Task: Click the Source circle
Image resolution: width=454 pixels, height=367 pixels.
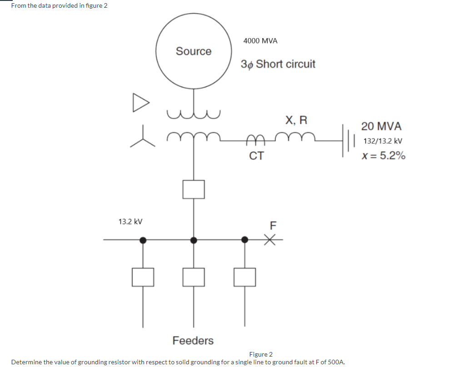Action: coord(194,51)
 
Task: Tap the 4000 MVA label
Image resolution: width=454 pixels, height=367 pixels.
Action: coord(260,41)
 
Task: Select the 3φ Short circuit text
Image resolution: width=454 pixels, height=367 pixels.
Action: coord(278,64)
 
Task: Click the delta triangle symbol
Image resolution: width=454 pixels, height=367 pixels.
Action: coord(140,102)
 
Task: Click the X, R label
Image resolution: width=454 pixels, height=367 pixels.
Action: coord(296,120)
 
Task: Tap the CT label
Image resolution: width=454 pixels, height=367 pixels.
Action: coord(256,156)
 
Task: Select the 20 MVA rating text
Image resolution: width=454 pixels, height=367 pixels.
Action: coord(381,126)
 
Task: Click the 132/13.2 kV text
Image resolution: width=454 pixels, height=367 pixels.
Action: coord(382,141)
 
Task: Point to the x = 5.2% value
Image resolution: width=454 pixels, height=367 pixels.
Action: coord(383,156)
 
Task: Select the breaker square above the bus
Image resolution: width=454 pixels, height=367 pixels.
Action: coord(194,189)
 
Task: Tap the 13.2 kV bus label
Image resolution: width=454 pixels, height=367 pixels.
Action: coord(130,222)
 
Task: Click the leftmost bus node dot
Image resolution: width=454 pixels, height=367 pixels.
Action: coord(143,240)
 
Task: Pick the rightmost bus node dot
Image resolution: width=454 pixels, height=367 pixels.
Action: coord(244,239)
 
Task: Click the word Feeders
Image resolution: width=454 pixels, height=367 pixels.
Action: coord(193,340)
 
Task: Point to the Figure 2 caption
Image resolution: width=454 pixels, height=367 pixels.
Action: coord(261,354)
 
